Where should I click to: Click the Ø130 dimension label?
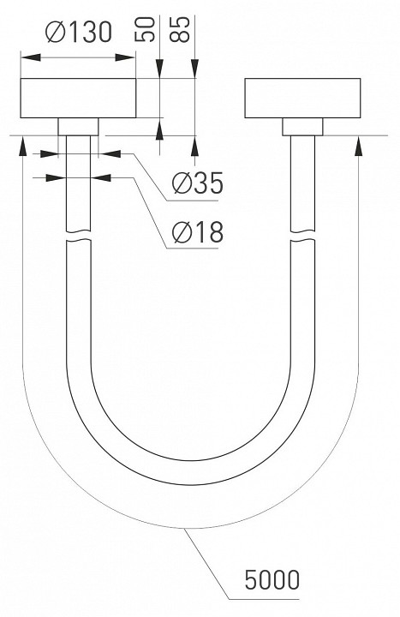79,33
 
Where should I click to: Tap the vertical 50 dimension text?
145,29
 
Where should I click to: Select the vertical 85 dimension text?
179,29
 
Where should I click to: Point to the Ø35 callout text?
198,183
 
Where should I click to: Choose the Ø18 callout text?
198,231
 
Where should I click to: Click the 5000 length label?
272,579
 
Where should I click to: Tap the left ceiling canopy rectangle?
78,98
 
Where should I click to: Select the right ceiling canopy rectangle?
302,98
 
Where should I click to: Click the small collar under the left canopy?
78,127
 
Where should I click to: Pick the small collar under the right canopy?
302,127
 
